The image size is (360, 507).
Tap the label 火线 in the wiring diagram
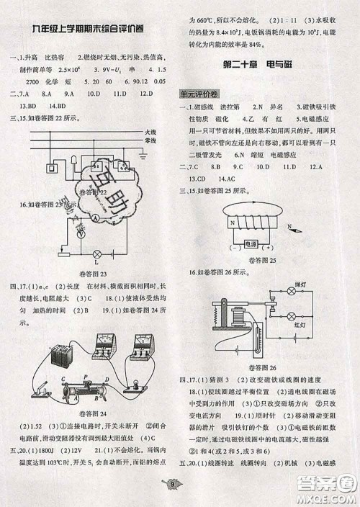(150, 133)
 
